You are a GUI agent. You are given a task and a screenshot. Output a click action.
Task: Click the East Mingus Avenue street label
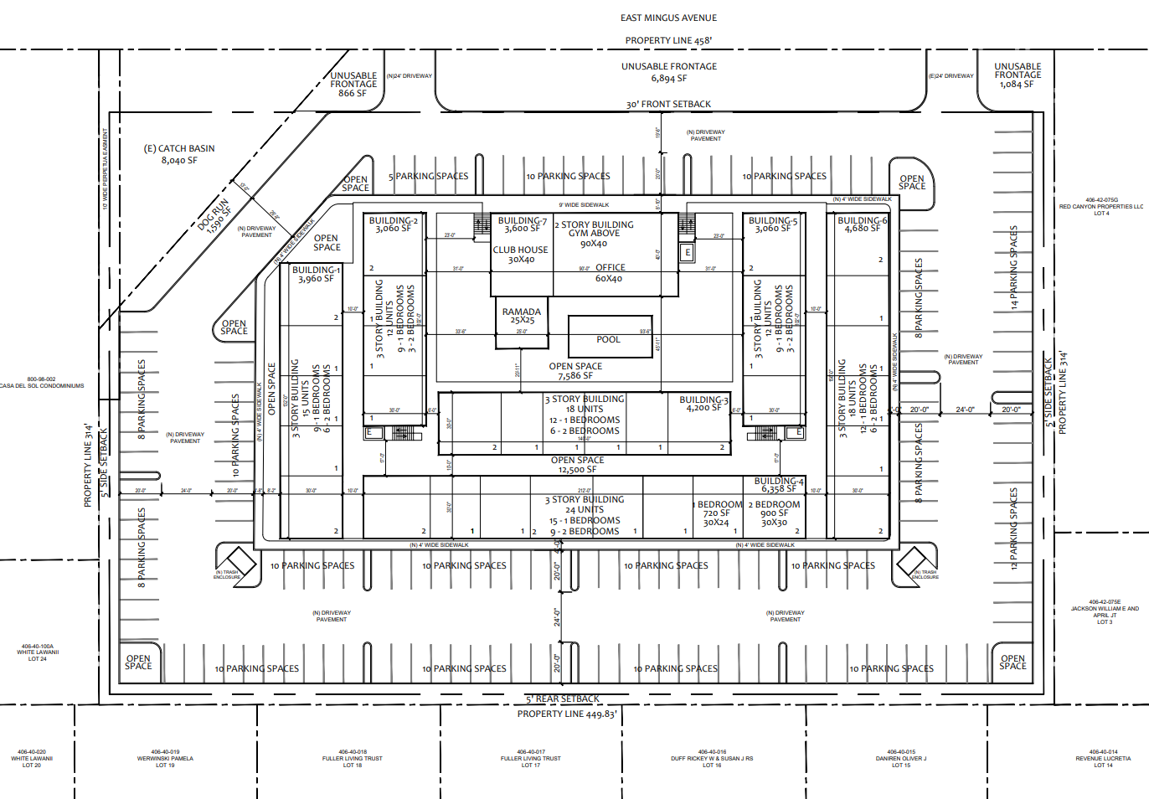[668, 18]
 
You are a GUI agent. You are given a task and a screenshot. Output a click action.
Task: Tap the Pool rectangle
[610, 337]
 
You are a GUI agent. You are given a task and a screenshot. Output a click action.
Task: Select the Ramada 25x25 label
[522, 316]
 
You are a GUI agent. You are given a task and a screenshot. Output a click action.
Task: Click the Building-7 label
[522, 224]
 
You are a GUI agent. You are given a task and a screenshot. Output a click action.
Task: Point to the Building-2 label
[393, 224]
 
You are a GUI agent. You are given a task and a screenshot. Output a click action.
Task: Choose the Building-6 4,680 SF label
[862, 224]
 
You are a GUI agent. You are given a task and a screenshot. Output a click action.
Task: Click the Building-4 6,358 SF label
[779, 485]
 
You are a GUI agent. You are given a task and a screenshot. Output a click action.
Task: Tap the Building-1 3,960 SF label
[316, 275]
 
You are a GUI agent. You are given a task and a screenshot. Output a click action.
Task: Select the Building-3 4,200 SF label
[703, 404]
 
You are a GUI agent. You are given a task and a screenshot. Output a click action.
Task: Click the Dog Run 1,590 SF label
[215, 217]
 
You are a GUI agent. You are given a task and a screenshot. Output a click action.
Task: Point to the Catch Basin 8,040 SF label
[179, 154]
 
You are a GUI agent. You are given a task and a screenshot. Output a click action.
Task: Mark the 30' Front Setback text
[668, 105]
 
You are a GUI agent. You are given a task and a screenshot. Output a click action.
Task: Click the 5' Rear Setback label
[563, 698]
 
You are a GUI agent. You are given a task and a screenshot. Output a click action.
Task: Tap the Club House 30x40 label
[521, 255]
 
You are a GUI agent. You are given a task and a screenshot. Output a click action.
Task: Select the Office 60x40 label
[610, 273]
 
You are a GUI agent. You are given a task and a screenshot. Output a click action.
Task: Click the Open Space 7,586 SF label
[575, 371]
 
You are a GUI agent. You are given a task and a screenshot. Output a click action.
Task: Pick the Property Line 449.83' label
[567, 714]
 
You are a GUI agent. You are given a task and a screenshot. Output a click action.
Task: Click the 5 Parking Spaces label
[428, 177]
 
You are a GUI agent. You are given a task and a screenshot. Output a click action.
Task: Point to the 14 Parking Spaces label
[1013, 268]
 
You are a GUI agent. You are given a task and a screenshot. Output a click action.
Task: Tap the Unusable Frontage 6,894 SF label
[669, 72]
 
